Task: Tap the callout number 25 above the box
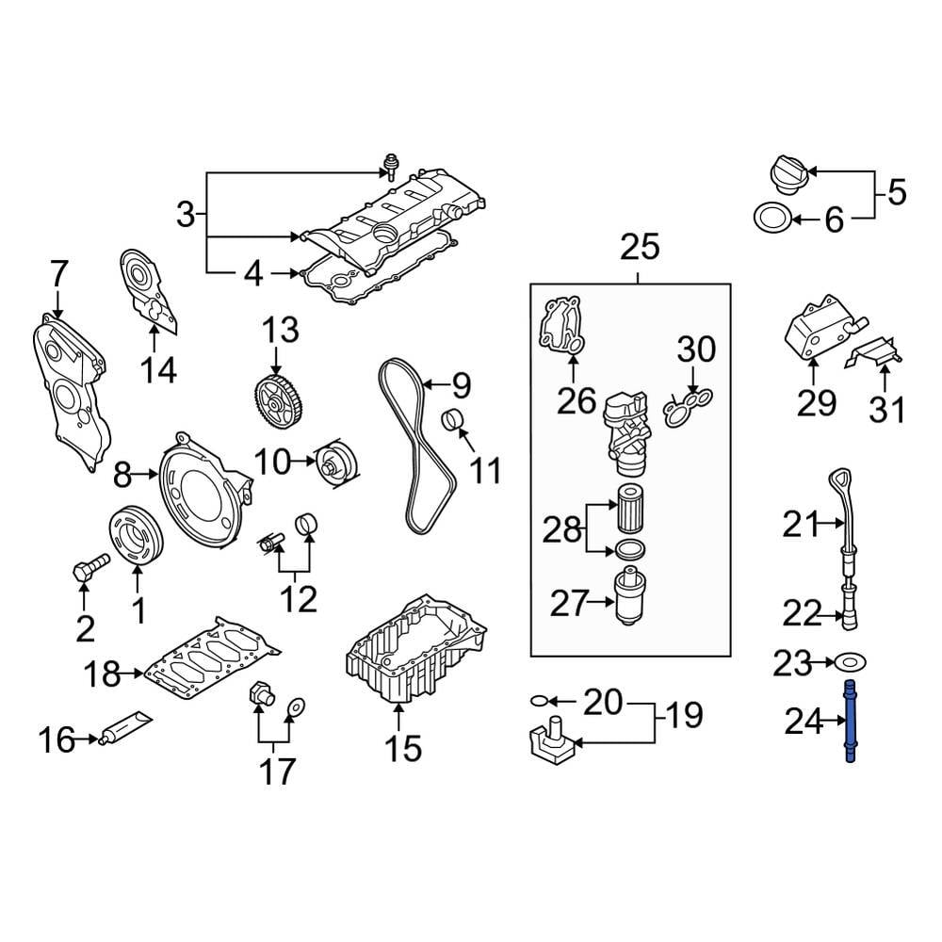(x=639, y=248)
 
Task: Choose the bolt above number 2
(x=89, y=567)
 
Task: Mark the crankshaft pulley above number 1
(x=138, y=534)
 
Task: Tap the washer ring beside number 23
(x=851, y=664)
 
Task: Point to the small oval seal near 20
(x=538, y=701)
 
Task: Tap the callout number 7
(x=58, y=275)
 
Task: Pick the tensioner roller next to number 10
(x=334, y=464)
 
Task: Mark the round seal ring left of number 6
(x=771, y=219)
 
